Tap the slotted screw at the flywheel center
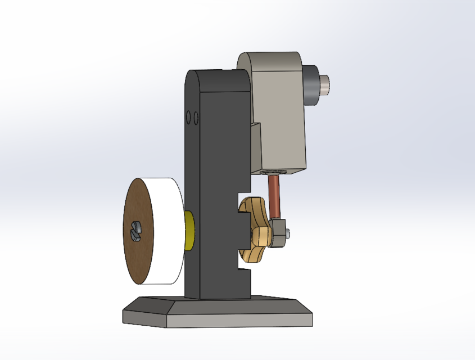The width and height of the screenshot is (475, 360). (x=135, y=230)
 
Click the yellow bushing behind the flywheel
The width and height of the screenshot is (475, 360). (x=190, y=231)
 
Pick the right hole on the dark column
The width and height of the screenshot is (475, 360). (x=196, y=118)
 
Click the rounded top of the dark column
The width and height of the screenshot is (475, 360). (x=216, y=76)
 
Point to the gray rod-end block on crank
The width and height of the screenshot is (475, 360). (x=279, y=231)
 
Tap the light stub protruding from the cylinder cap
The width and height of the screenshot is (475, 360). (x=326, y=84)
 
